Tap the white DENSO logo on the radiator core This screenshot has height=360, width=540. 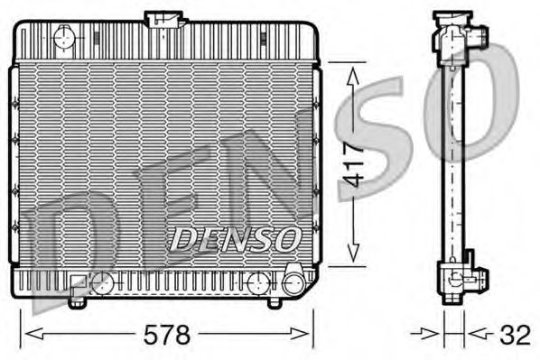point(234,239)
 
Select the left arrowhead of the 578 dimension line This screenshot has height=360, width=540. point(26,336)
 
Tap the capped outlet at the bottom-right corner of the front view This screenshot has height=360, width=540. point(293,282)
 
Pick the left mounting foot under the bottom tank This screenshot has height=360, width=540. point(76,301)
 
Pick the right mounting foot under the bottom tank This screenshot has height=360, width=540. point(275,301)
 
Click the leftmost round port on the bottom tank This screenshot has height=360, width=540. point(105,283)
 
